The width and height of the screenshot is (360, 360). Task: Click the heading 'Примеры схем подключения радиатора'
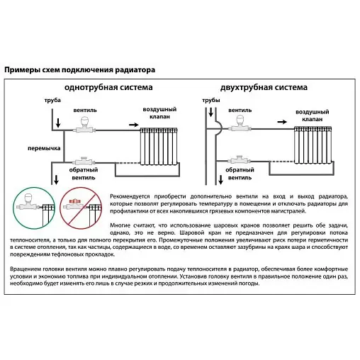coord(80,70)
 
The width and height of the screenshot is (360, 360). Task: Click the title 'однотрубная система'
coord(108,87)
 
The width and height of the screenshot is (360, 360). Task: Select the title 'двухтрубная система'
coord(264,87)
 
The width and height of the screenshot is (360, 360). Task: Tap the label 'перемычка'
coord(44,148)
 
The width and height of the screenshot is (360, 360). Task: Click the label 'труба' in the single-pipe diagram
coord(52,100)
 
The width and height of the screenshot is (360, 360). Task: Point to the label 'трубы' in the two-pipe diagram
coord(211,100)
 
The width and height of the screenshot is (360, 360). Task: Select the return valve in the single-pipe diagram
coord(84,161)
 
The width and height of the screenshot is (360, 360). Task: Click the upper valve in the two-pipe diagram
coord(240,123)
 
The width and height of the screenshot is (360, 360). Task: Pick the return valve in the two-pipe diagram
coord(240,159)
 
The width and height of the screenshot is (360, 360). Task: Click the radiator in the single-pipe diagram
coord(159,146)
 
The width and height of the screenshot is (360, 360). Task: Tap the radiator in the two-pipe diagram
coord(313,145)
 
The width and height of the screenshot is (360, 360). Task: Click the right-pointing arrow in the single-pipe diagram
coord(134,125)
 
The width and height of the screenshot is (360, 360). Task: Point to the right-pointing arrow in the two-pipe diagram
coord(282,122)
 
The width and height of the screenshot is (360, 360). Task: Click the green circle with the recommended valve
coord(34,208)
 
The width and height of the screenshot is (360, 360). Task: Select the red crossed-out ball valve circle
coord(81,208)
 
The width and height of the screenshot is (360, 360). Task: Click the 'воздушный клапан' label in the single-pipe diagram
coord(159,113)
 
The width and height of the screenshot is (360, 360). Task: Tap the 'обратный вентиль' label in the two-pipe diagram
coord(240,174)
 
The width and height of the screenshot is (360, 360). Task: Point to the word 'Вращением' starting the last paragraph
coord(25,269)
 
